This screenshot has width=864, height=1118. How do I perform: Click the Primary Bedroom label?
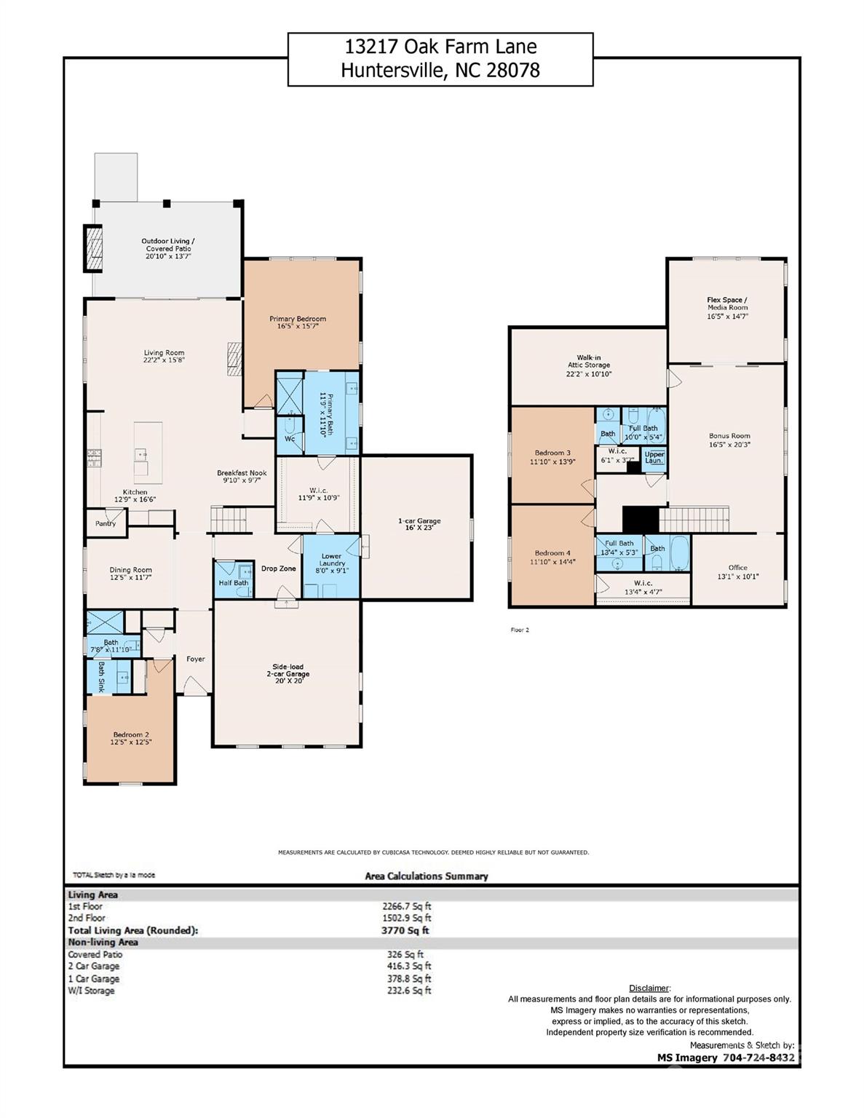tap(297, 319)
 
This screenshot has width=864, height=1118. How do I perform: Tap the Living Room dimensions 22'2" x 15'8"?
tap(164, 360)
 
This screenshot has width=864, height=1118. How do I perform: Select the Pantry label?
tap(106, 523)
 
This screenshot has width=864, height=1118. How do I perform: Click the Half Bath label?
tap(233, 583)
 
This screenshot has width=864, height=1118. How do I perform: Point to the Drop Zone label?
tap(278, 568)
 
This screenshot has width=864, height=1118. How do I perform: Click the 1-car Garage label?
tap(419, 521)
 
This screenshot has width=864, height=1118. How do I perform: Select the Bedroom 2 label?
tap(131, 734)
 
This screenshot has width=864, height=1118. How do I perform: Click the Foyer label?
tap(195, 659)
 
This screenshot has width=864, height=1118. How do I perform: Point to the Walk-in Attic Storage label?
tap(589, 362)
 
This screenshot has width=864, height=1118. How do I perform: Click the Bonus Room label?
tap(729, 436)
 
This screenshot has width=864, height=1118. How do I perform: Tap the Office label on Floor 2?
tap(737, 568)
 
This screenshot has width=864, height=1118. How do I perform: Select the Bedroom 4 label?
tap(553, 553)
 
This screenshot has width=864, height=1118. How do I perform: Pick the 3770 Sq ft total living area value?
tap(405, 930)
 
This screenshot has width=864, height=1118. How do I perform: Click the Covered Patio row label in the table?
tap(95, 954)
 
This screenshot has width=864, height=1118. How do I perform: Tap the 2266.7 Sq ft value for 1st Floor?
tap(406, 906)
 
